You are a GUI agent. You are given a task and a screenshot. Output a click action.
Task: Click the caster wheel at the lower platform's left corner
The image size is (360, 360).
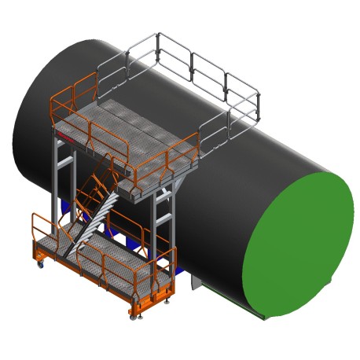(41, 265)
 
